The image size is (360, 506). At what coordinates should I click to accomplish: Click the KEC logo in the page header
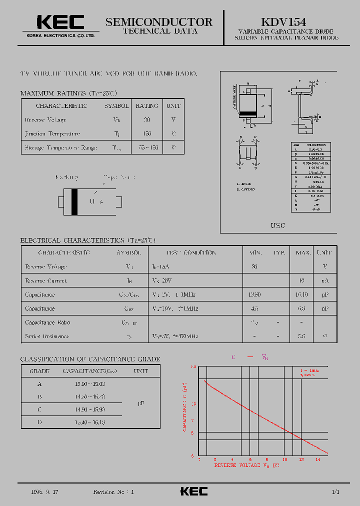[60, 22]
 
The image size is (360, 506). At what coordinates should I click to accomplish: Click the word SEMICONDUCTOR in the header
[158, 21]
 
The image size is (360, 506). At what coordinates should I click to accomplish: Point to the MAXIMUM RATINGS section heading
[53, 93]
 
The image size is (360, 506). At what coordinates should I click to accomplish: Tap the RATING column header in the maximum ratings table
[147, 106]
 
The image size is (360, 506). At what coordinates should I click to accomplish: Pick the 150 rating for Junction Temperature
[147, 134]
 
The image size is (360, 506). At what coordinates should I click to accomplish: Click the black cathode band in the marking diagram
[74, 201]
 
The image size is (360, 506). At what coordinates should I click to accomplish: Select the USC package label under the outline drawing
[278, 225]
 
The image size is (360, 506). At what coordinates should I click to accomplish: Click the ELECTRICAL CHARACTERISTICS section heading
[73, 240]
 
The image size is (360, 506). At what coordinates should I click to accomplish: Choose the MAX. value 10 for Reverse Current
[301, 281]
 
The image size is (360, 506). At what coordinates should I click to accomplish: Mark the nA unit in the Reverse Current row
[325, 281]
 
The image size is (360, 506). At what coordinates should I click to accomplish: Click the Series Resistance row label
[47, 336]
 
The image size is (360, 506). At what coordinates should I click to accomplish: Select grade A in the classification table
[39, 384]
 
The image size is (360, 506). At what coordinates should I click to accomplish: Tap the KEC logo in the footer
[193, 491]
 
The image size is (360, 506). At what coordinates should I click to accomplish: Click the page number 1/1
[335, 492]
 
